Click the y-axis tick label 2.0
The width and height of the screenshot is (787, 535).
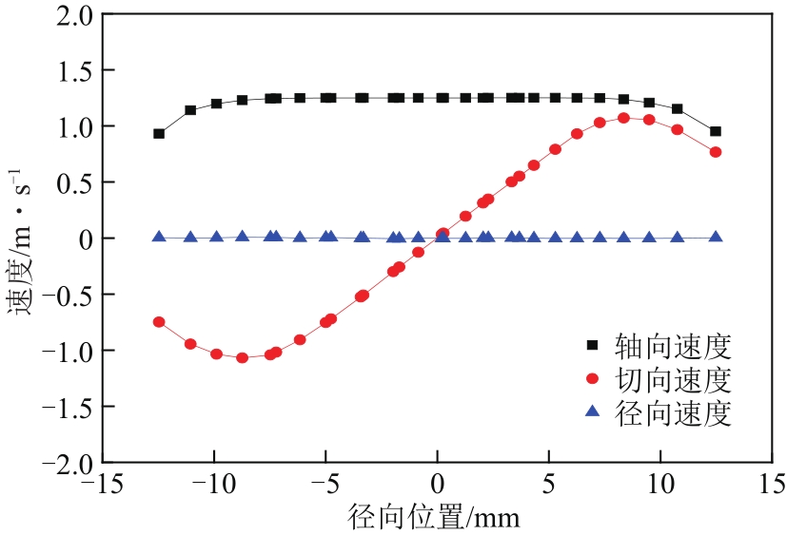[72, 15]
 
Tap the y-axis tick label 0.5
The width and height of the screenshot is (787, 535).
[72, 182]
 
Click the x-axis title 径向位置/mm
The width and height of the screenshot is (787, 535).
[436, 517]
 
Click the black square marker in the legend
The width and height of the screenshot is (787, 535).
[592, 344]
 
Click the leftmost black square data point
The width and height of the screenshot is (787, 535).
[159, 134]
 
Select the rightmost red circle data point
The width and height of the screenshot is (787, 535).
[716, 152]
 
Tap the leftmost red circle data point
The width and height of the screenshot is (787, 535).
[159, 322]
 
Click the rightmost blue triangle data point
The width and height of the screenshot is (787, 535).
[716, 237]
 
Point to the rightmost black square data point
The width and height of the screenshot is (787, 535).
[716, 131]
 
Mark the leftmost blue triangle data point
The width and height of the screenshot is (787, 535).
[159, 237]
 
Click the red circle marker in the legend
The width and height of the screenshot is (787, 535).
[592, 379]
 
